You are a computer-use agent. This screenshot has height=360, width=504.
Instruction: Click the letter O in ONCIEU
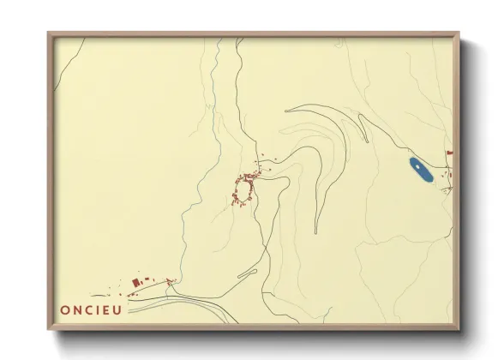66,309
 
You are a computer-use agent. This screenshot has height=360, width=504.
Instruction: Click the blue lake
420,171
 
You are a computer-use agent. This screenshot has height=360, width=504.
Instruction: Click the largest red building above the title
135,281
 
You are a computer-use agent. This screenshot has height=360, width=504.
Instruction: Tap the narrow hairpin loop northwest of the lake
363,129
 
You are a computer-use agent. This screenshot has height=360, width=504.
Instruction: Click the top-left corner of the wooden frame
49,33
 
